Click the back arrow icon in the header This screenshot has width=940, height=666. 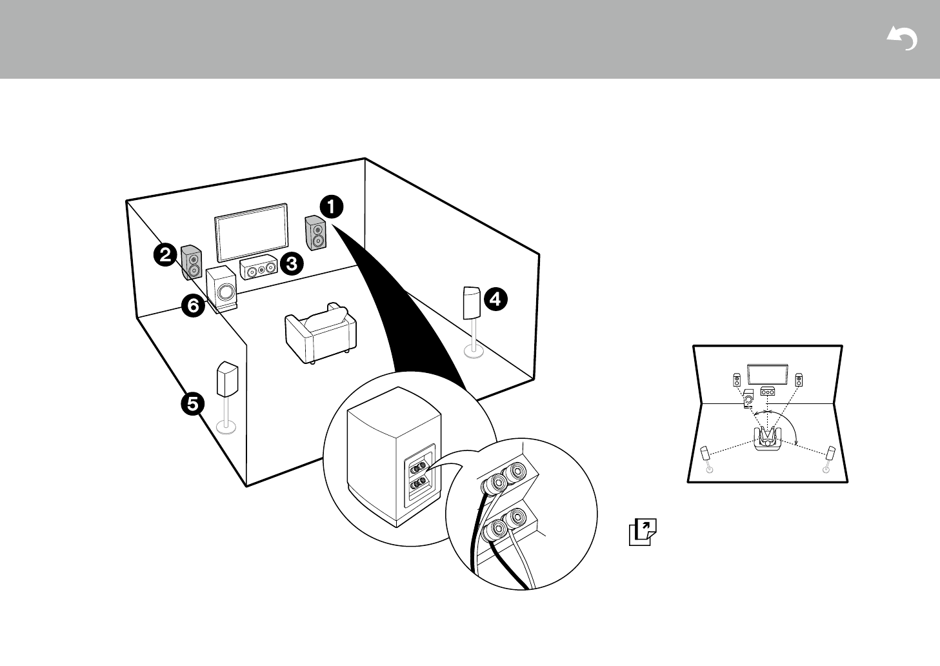point(902,39)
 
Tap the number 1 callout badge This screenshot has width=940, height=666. point(333,208)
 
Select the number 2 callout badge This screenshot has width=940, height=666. point(166,254)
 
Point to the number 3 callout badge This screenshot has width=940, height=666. point(292,263)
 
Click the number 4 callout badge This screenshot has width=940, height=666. point(496,299)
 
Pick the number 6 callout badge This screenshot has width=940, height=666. point(193,305)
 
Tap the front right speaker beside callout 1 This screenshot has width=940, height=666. point(315,233)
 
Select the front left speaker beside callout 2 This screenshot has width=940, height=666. point(192,262)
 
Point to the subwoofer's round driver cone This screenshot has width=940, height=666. point(225,293)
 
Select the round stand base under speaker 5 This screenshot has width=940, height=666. point(227,427)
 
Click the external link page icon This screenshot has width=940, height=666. point(643,532)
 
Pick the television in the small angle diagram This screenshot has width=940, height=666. point(767,375)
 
